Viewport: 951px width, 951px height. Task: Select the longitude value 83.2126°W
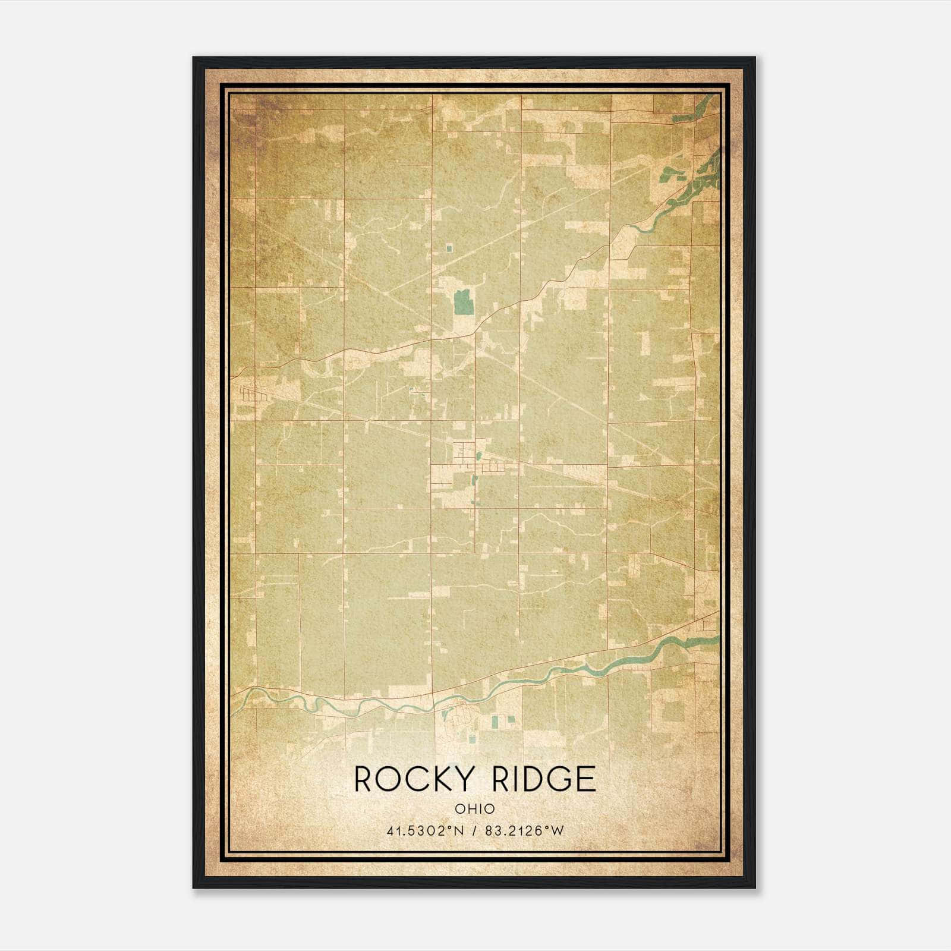coord(524,831)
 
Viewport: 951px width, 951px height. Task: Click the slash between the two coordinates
coord(474,831)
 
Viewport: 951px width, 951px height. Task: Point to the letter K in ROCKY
coord(432,779)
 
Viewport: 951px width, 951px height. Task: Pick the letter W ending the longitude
coord(557,831)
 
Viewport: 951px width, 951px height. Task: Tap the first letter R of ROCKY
coord(364,779)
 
